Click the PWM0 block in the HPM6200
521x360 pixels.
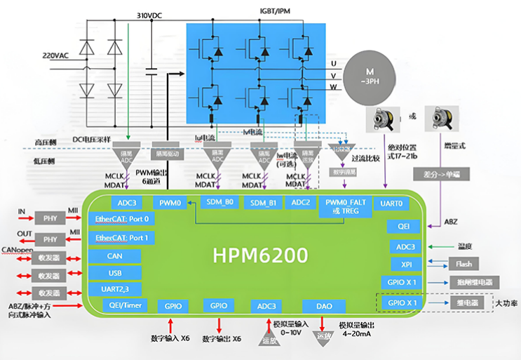170,203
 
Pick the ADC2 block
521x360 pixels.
300,203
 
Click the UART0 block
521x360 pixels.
391,203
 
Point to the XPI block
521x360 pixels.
405,264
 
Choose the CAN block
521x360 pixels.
115,256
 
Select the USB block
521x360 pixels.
115,272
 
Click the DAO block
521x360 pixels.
324,306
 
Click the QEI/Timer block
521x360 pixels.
121,306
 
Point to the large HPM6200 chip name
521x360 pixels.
260,255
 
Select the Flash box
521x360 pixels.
464,264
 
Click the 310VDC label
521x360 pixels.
151,15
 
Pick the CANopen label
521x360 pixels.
19,249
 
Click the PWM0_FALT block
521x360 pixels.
343,206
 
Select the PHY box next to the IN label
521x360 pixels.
50,218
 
